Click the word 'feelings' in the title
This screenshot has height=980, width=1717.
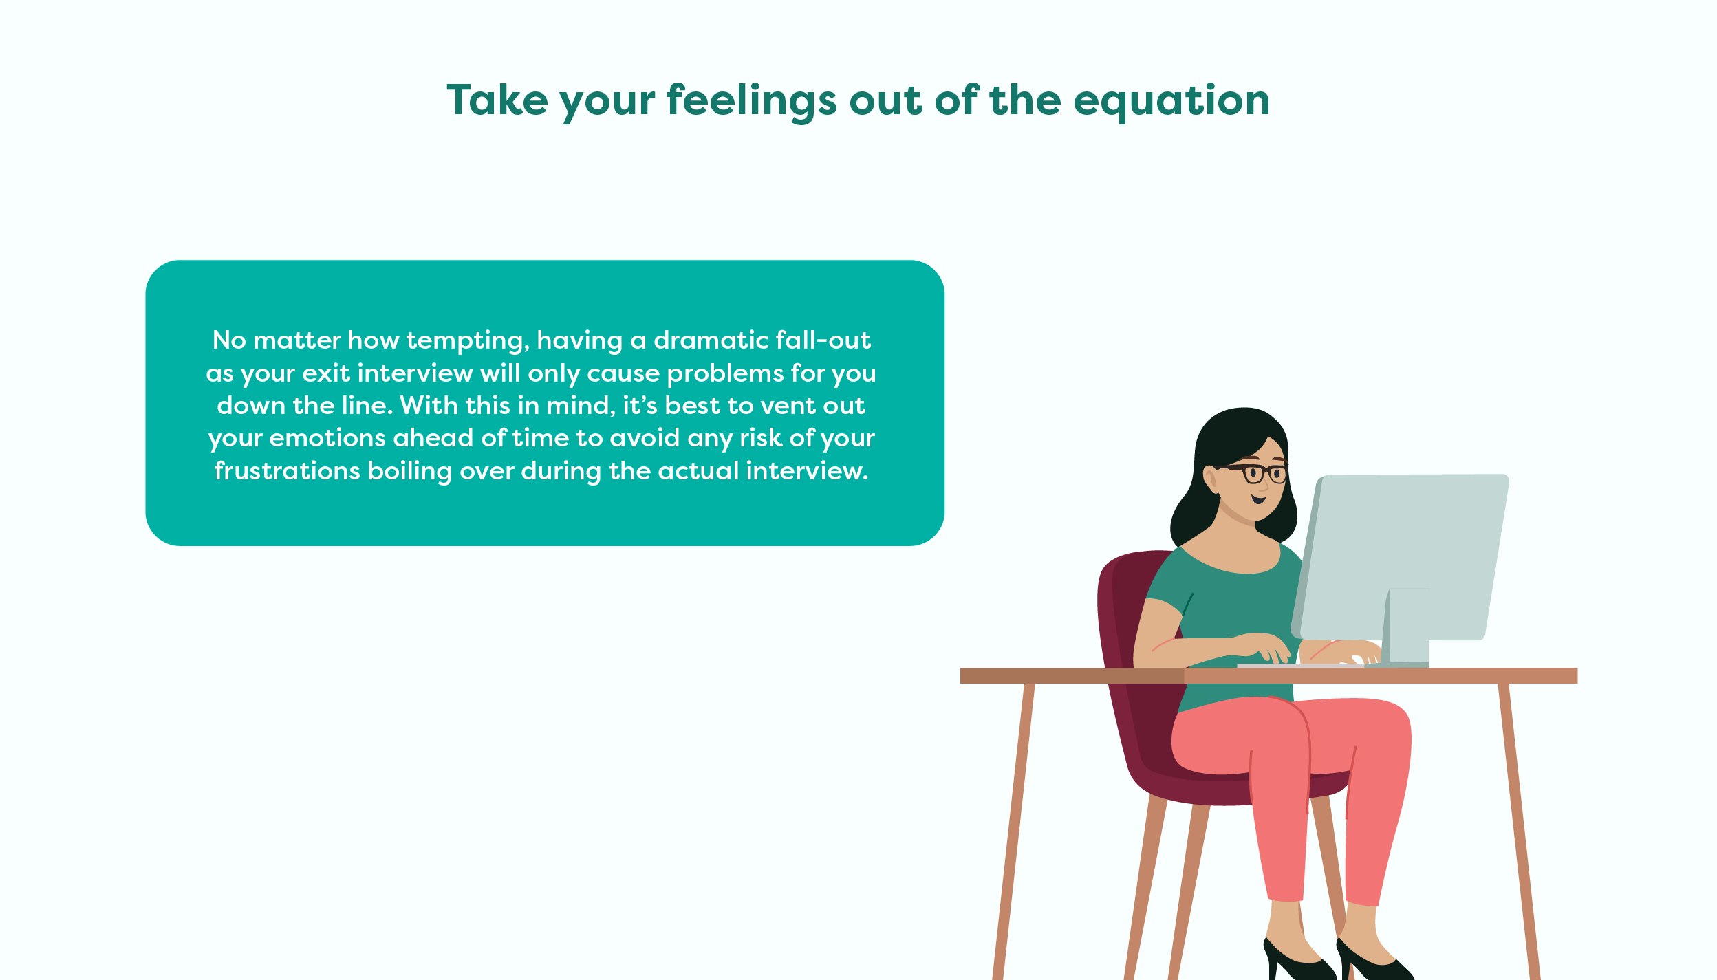(752, 102)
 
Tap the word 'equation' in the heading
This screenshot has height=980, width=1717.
(1171, 102)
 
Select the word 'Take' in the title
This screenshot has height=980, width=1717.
(497, 100)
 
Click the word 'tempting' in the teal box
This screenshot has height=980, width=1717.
(468, 341)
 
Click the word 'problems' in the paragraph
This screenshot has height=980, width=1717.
(726, 373)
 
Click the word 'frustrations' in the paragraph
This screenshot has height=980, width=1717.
(288, 471)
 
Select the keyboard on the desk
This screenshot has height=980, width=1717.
(1300, 666)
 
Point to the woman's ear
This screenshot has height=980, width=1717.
(1211, 479)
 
